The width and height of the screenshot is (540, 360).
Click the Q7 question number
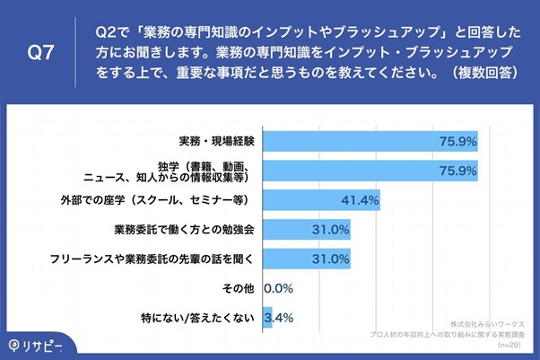[x=41, y=53]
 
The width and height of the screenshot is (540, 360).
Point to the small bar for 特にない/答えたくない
[x=267, y=317]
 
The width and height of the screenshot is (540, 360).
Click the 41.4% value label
[x=360, y=199]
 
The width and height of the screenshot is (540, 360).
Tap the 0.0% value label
[x=278, y=288]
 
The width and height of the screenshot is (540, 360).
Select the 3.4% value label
[x=279, y=317]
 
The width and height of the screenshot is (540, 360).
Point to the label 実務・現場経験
[x=218, y=141]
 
